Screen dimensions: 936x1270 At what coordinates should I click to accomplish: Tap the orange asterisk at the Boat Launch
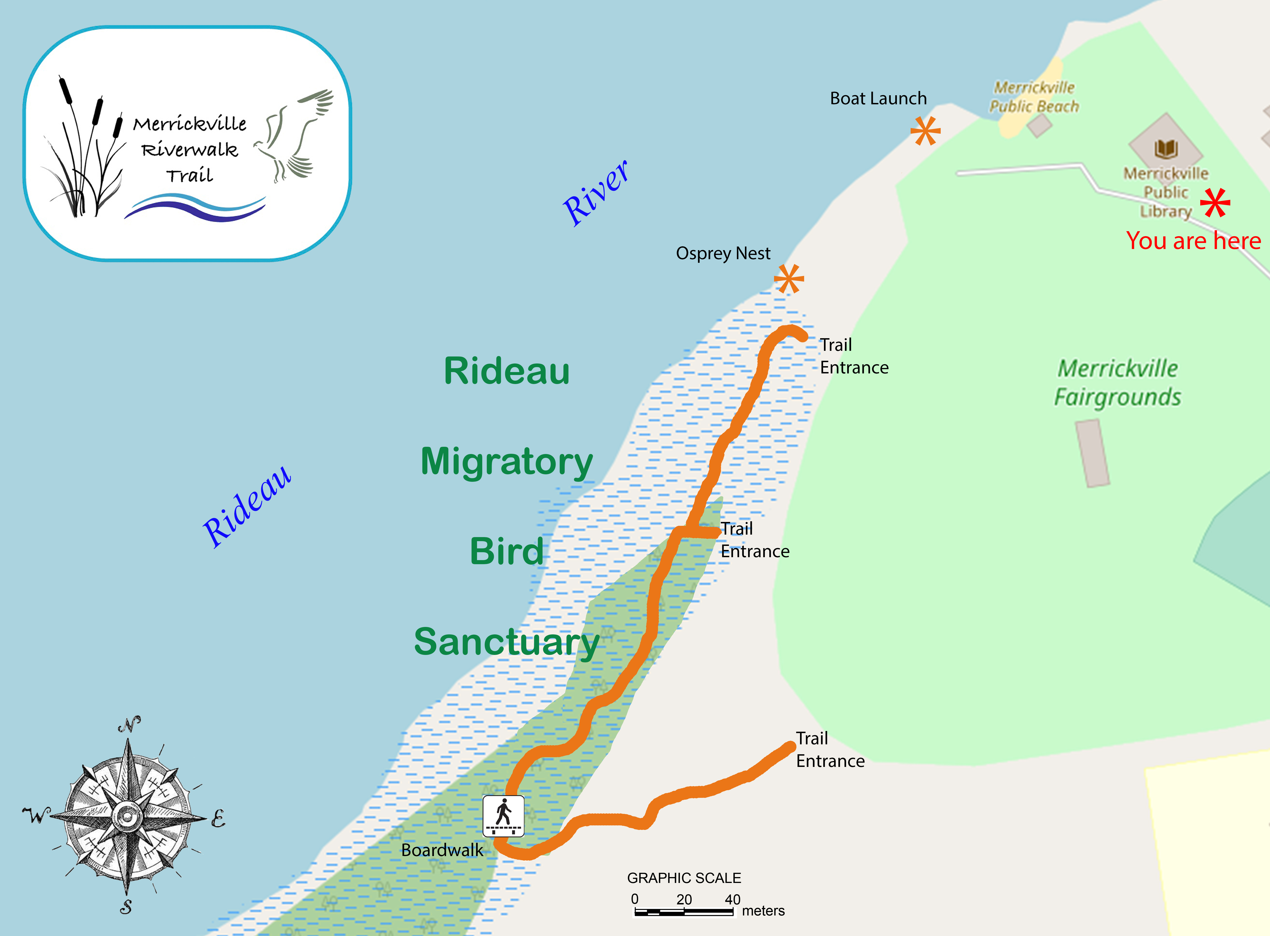(925, 131)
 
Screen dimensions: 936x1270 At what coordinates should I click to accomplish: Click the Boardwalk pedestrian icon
(503, 816)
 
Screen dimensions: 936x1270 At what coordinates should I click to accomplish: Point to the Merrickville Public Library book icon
(1166, 149)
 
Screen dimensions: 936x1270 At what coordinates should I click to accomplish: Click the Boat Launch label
(878, 99)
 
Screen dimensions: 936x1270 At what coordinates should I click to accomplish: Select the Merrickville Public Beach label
(1034, 97)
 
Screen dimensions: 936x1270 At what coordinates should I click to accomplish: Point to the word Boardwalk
(442, 850)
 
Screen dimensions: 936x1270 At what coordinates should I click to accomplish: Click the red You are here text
(1193, 241)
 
